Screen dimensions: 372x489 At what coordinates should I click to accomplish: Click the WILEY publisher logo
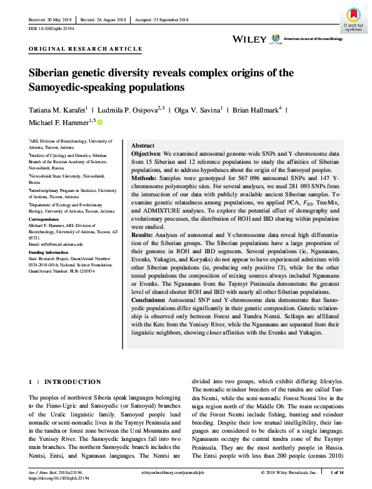(x=249, y=39)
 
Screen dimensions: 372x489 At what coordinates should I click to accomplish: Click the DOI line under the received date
(x=53, y=29)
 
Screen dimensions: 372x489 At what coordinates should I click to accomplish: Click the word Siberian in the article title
(x=52, y=73)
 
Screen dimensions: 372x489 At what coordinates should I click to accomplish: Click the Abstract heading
(x=143, y=144)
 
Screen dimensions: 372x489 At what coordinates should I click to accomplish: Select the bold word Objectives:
(x=146, y=153)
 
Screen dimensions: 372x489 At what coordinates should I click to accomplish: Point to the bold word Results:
(x=143, y=234)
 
